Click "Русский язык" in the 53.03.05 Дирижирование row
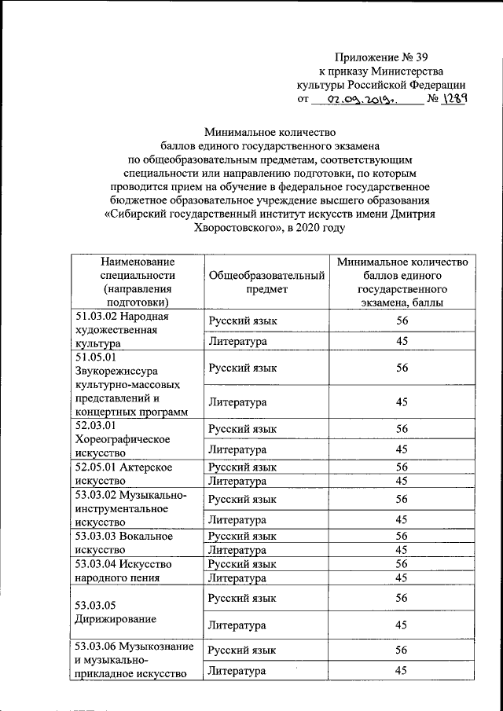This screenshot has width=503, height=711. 242,598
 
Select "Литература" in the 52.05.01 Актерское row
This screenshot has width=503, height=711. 237,481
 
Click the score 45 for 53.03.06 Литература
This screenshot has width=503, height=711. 402,670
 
